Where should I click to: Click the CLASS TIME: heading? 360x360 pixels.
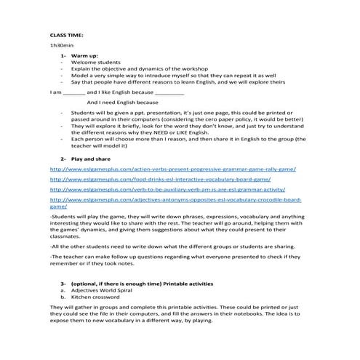pyautogui.click(x=66, y=34)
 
